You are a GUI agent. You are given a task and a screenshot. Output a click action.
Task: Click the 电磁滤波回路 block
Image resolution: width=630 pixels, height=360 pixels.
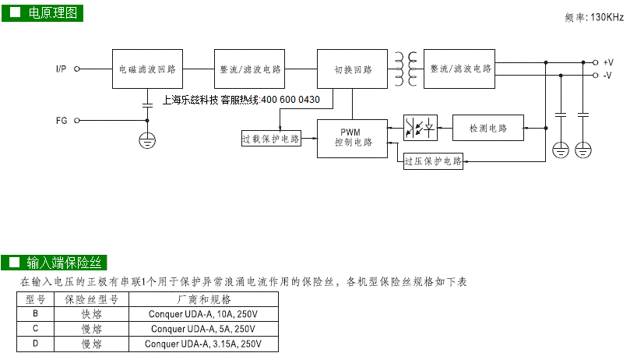coord(147,69)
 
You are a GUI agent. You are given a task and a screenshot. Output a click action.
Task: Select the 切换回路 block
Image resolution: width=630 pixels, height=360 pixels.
coord(352,69)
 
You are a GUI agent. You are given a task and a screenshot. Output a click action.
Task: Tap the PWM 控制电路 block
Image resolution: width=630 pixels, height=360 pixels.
coord(352,139)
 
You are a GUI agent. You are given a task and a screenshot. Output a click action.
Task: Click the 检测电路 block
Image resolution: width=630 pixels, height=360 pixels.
coord(488,128)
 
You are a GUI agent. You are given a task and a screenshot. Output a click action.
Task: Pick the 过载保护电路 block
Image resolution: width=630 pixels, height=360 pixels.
coord(271,139)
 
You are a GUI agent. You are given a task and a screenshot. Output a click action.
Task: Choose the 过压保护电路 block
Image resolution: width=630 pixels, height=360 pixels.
coord(433,161)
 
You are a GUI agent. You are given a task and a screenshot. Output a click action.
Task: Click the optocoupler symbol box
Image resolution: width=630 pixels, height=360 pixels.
coord(421,128)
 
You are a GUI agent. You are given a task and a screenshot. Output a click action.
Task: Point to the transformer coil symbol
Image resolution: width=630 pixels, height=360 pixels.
coord(406,69)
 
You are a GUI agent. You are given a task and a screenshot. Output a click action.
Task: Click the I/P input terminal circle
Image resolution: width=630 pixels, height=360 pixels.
coord(77,69)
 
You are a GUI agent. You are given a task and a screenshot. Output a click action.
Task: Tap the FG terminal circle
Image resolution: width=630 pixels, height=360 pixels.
coord(77,120)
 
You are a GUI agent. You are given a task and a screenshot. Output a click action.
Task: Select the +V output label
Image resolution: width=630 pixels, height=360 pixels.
coord(608,62)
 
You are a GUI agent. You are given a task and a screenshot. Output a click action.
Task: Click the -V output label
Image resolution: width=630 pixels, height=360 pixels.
coord(607,76)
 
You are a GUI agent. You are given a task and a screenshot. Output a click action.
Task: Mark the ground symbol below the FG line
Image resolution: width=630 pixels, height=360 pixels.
coord(147,141)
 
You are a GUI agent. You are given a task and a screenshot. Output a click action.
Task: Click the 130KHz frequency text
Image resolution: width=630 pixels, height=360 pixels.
coord(607,17)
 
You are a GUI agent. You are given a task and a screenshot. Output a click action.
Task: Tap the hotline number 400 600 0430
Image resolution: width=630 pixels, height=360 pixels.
coord(290,100)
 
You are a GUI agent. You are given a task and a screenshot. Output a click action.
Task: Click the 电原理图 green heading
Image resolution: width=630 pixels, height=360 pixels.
coord(42,13)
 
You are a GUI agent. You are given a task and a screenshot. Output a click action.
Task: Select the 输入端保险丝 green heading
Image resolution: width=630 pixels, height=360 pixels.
coord(54,263)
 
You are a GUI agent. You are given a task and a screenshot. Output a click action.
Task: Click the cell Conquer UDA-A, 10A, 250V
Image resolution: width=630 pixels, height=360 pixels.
coord(203,314)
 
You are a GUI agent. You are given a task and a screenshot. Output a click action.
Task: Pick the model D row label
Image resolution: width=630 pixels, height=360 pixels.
coord(35,344)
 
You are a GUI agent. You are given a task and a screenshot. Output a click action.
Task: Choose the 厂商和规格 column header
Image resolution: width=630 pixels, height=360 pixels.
coord(204,299)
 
